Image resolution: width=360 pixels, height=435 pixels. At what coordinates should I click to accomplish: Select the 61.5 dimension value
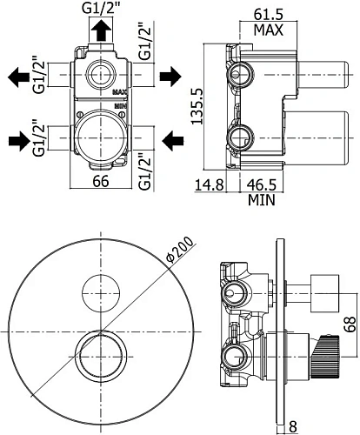coord(268,14)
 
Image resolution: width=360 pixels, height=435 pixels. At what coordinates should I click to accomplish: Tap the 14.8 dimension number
coord(209,185)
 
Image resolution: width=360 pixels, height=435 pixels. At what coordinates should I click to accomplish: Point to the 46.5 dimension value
coord(262,185)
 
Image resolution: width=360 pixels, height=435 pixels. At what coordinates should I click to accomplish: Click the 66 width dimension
coord(101,181)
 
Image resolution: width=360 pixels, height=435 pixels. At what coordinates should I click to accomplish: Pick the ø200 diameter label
coord(180,250)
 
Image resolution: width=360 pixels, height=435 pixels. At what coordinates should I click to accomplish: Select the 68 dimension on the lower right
coord(350,325)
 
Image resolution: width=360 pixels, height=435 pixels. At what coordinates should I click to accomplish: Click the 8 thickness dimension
coord(293,427)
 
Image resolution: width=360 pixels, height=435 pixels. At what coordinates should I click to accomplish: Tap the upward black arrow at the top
coord(101,30)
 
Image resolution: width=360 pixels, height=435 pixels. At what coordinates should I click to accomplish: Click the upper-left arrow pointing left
coord(18,77)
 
